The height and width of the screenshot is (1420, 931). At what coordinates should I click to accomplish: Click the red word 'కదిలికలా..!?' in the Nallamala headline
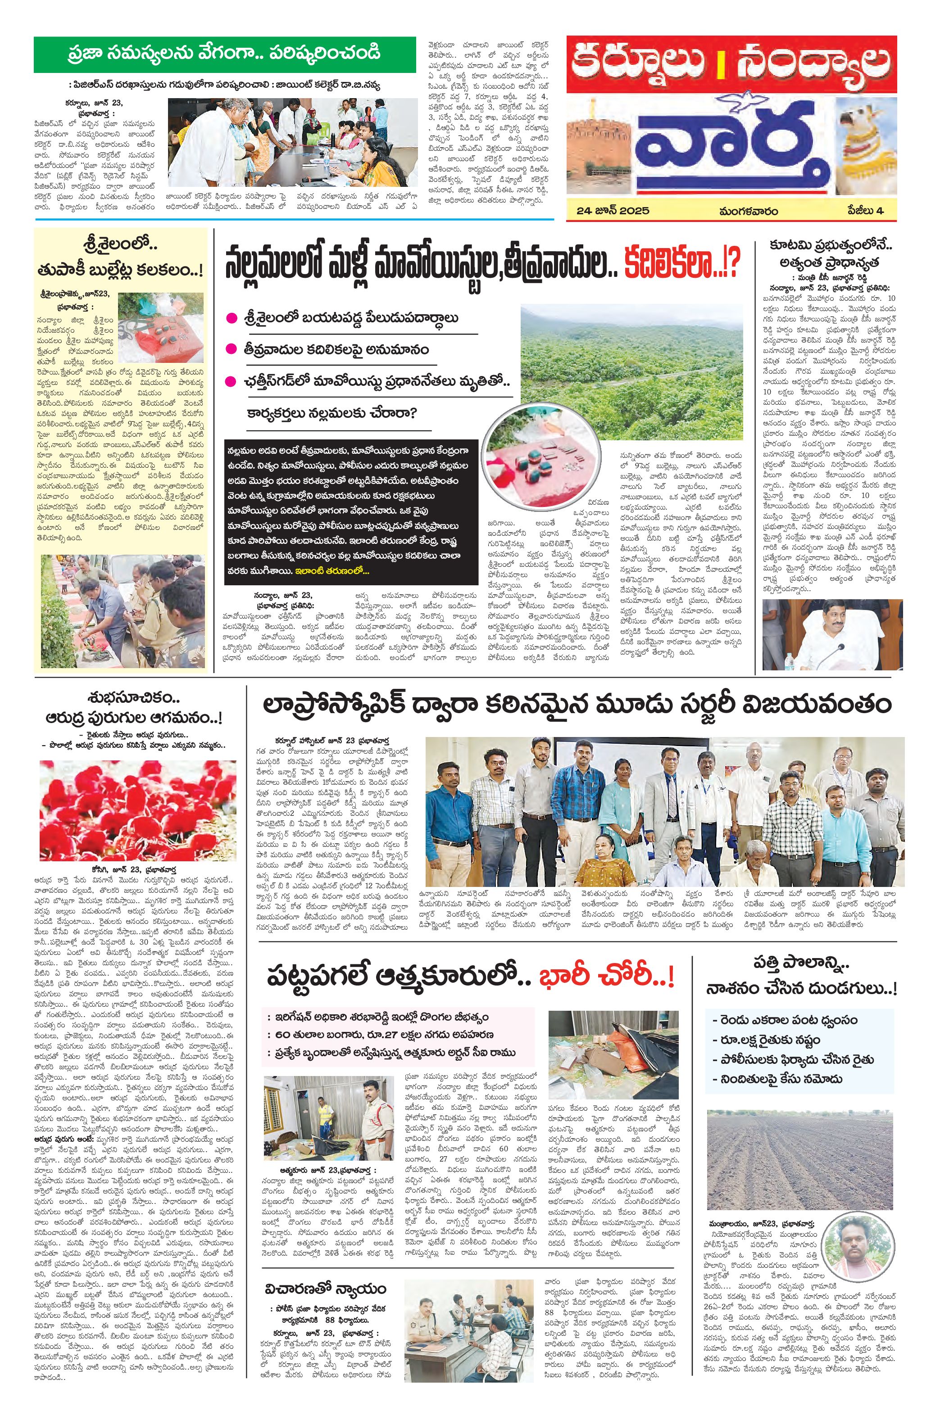682,263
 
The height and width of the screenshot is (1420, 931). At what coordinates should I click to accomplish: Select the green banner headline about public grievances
224,54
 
